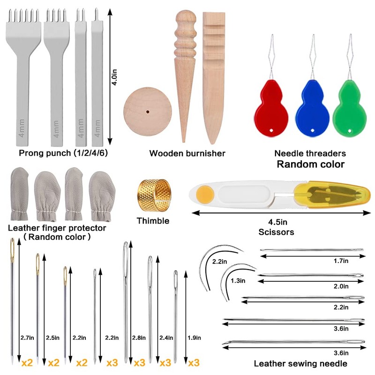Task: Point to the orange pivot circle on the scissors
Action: (203, 193)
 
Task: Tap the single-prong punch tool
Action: (97, 80)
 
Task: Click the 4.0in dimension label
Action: (114, 76)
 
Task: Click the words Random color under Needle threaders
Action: (310, 164)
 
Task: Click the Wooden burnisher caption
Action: (187, 153)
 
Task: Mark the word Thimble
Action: (152, 221)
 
